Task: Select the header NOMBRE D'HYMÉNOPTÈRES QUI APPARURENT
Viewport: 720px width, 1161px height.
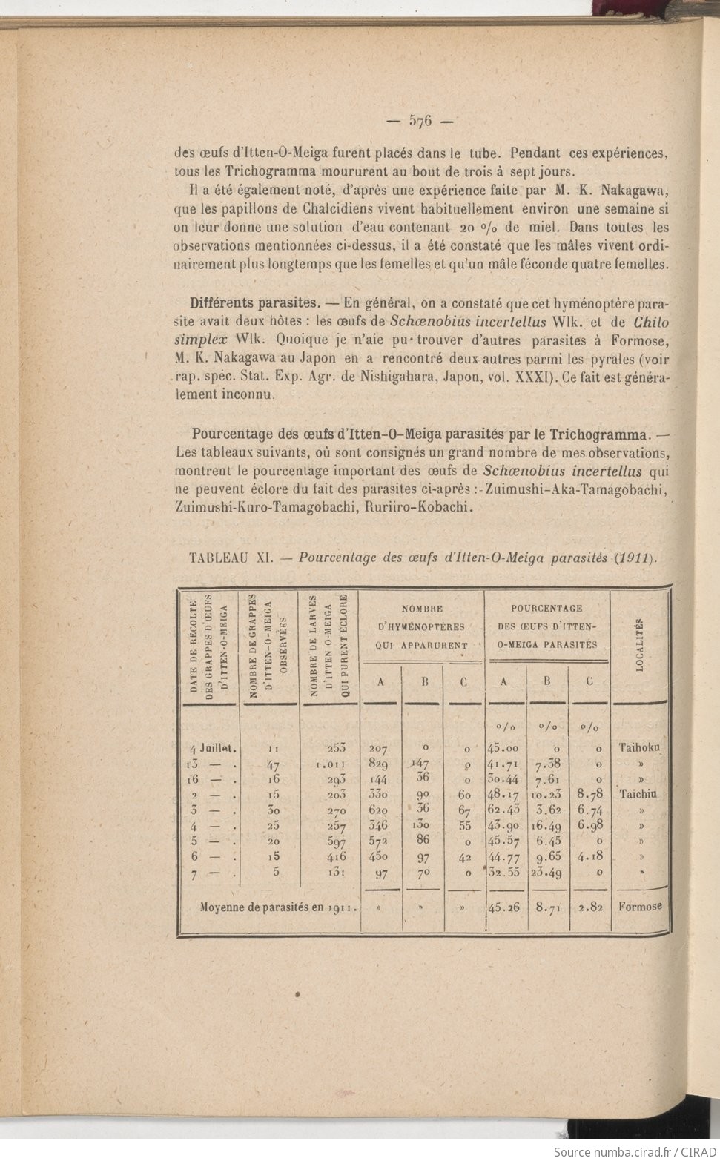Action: click(421, 626)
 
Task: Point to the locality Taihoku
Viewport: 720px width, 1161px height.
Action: click(639, 747)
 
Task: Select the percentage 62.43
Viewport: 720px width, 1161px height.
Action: click(504, 810)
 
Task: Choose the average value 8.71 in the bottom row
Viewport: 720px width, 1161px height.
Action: click(547, 906)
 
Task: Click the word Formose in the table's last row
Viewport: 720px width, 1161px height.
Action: click(640, 905)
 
